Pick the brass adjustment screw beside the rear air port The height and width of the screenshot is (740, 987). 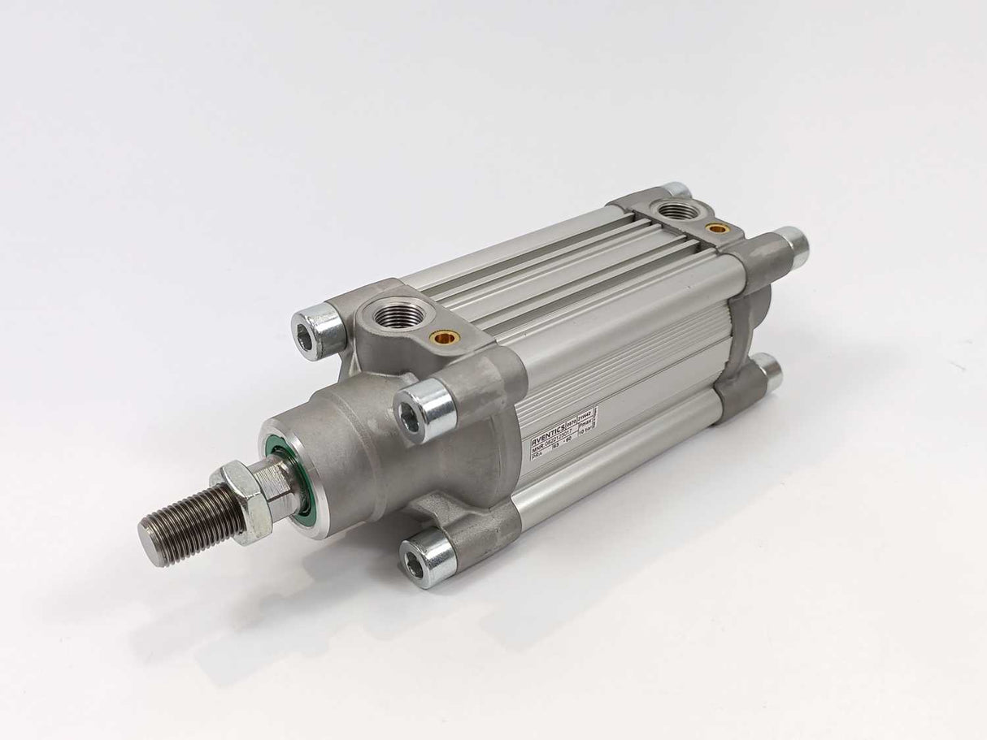pos(716,229)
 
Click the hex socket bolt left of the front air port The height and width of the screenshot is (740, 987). pos(319,329)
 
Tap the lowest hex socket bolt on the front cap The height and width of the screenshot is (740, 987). pos(426,557)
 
